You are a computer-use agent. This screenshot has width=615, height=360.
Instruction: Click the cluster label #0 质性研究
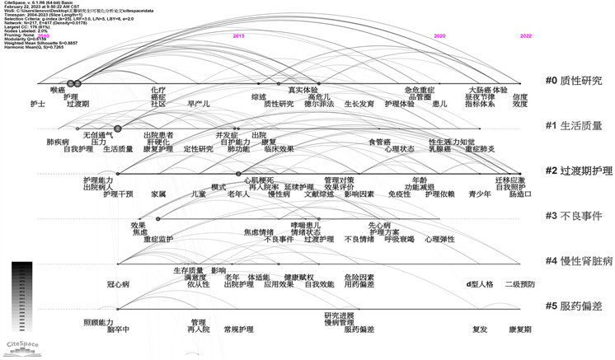pyautogui.click(x=574, y=81)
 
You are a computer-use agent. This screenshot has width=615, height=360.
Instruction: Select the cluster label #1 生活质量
pyautogui.click(x=574, y=126)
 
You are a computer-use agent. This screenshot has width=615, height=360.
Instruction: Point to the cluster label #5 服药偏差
pyautogui.click(x=574, y=306)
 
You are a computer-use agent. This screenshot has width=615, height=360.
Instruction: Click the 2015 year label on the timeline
pyautogui.click(x=239, y=37)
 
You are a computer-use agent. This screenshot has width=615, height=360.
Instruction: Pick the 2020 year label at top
pyautogui.click(x=439, y=37)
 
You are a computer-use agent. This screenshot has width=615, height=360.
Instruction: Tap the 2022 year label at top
pyautogui.click(x=526, y=37)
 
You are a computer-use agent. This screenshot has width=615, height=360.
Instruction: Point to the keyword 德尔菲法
pyautogui.click(x=319, y=105)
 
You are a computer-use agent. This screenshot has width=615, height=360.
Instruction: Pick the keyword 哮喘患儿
pyautogui.click(x=306, y=225)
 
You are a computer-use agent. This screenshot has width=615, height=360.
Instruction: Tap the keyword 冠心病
pyautogui.click(x=118, y=284)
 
